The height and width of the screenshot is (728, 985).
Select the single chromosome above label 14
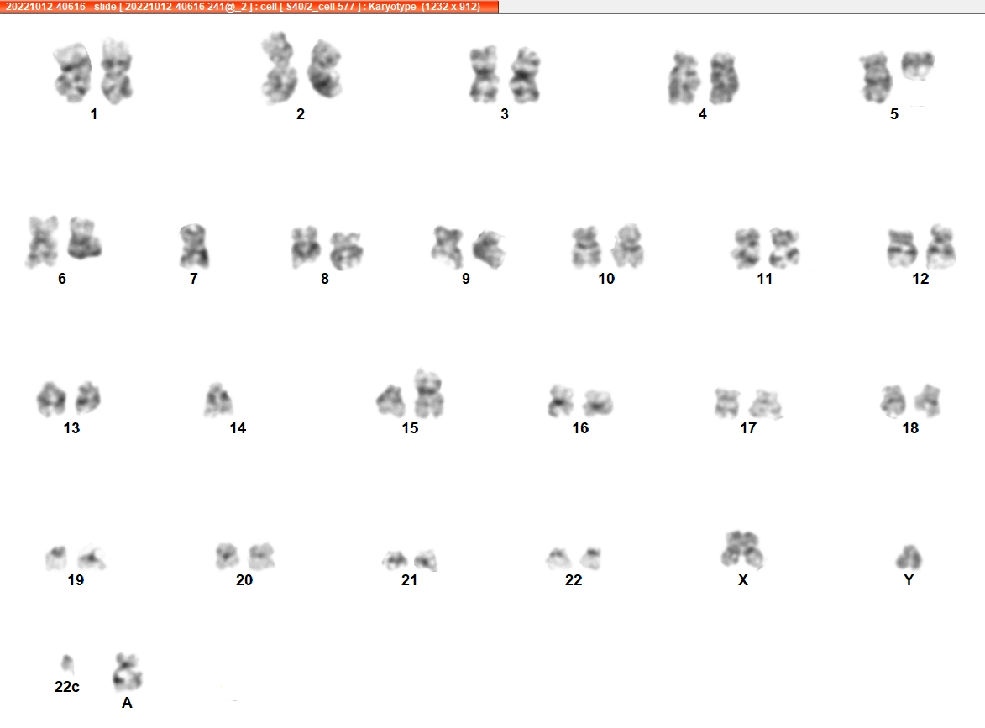[218, 401]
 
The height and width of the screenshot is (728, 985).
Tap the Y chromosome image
[909, 558]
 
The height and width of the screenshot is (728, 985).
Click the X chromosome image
[741, 550]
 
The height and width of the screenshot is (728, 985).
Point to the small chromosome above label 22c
[67, 663]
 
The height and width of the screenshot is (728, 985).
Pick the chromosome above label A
[128, 672]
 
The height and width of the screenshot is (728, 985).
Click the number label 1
[93, 114]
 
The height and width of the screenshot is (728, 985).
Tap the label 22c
[67, 687]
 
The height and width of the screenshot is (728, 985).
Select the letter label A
[127, 703]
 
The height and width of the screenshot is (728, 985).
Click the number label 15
[411, 427]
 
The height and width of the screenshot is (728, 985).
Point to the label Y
[909, 579]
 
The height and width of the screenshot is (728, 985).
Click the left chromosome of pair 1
[72, 72]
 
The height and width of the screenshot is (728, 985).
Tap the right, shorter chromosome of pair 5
[918, 65]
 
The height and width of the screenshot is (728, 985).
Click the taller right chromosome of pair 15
[428, 394]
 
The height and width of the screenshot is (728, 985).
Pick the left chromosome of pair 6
[41, 242]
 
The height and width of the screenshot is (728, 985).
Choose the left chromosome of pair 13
[51, 398]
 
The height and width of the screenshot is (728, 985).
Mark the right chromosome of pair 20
[260, 557]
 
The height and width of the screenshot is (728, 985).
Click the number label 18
[910, 427]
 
